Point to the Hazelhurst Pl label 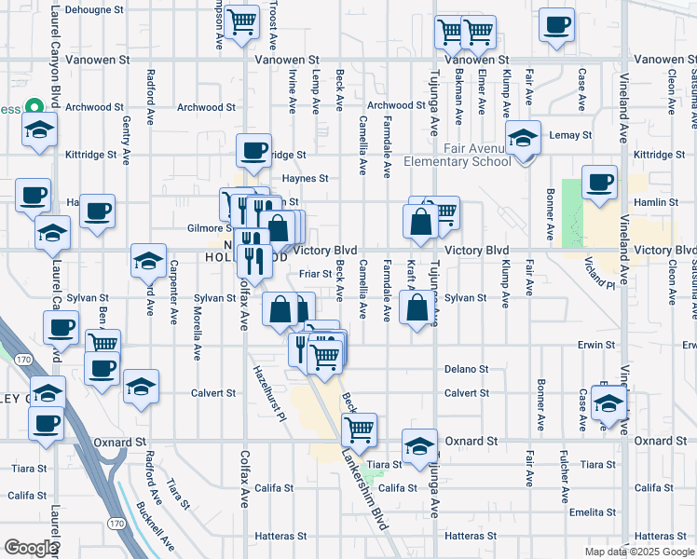pyautogui.click(x=267, y=391)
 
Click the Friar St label pyautogui.click(x=317, y=274)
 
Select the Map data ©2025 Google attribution pyautogui.click(x=639, y=552)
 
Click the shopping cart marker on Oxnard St pyautogui.click(x=359, y=429)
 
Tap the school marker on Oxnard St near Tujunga pyautogui.click(x=420, y=445)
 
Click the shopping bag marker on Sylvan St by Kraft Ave pyautogui.click(x=417, y=309)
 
